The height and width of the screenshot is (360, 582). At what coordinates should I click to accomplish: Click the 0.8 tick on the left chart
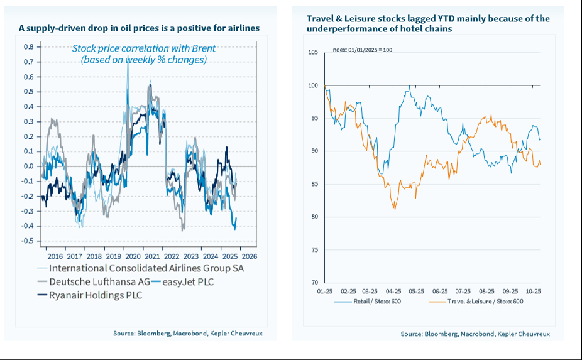coord(28,46)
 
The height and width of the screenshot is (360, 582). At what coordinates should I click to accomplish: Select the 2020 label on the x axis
coord(132,256)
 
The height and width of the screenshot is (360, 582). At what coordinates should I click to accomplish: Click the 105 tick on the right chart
coord(313,52)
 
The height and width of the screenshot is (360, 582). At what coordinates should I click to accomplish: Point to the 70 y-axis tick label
coord(315,283)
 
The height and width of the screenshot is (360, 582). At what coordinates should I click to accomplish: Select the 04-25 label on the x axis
coord(394,292)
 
